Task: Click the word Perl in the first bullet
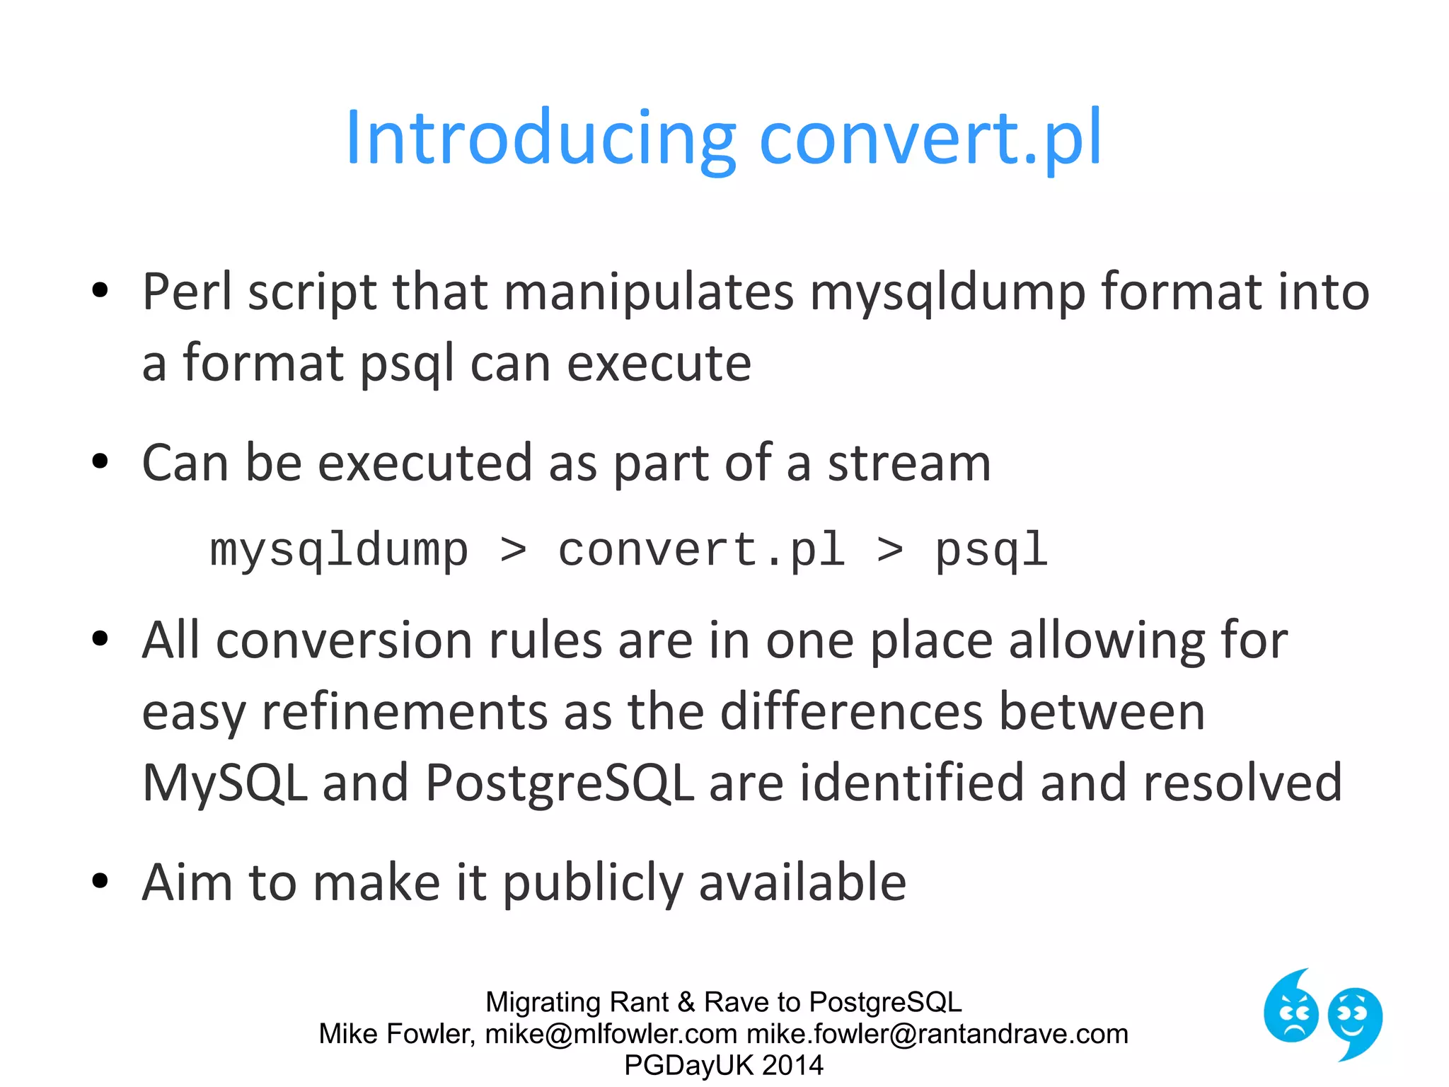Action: click(x=187, y=292)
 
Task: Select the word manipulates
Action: click(x=649, y=292)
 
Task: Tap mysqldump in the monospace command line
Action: click(x=340, y=551)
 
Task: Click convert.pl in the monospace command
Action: click(x=702, y=551)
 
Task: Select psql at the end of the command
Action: click(x=991, y=551)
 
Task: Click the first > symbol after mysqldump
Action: click(x=513, y=551)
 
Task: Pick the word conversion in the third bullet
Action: click(x=343, y=640)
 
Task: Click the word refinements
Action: click(x=405, y=712)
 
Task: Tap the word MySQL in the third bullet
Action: click(x=225, y=783)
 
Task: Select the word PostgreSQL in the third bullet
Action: click(x=559, y=783)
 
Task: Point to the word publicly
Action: click(x=593, y=883)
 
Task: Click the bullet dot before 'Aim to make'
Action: click(x=100, y=882)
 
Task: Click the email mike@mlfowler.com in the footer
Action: click(x=611, y=1034)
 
